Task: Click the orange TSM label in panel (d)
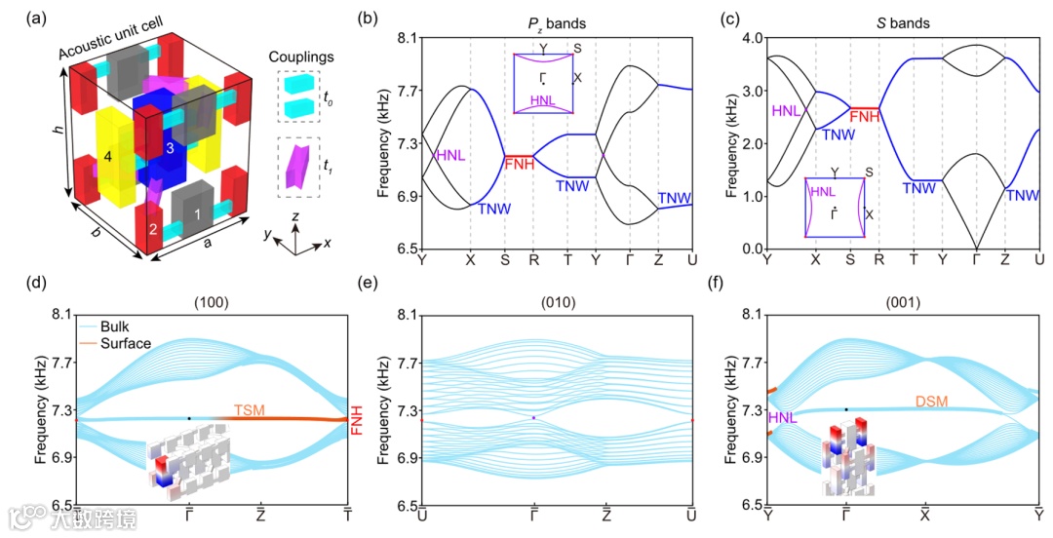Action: click(250, 411)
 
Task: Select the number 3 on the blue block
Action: click(170, 147)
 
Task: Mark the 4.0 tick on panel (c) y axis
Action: click(750, 38)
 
